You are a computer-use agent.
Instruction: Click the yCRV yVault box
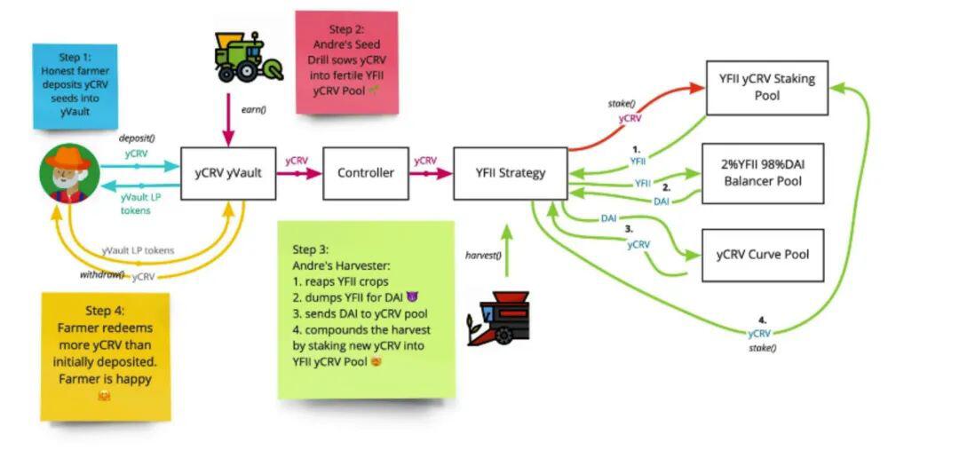pos(228,173)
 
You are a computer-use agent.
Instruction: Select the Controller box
pos(366,173)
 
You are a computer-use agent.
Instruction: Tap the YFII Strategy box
pos(510,173)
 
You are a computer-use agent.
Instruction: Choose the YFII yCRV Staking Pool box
pos(767,88)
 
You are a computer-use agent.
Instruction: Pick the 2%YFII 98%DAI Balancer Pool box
pos(763,173)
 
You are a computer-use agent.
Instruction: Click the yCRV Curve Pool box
pos(763,255)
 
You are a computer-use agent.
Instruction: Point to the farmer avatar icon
pos(69,173)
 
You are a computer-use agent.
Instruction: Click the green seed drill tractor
pos(249,56)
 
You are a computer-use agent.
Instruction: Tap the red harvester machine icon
pos(498,318)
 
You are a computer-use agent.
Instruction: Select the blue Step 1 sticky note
pos(75,86)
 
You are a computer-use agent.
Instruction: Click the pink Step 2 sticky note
pos(347,62)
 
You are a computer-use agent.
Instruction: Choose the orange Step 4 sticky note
pos(105,357)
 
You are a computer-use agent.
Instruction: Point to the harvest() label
pos(483,255)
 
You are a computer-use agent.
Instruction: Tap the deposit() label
pos(137,138)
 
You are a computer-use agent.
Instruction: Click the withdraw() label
pos(102,274)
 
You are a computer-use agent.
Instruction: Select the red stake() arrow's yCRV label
pos(630,119)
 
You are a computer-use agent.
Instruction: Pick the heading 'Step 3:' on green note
pos(311,250)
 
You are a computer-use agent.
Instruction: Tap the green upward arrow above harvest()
pos(506,250)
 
